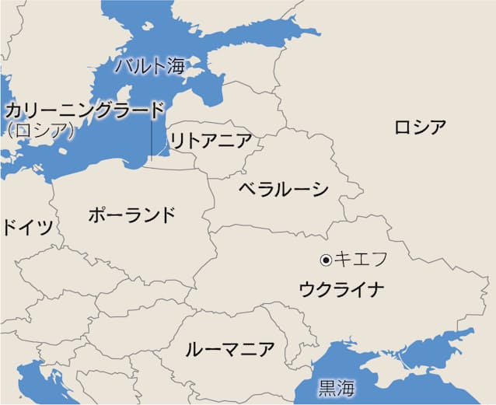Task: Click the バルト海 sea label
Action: point(150,65)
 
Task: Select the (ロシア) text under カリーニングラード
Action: point(39,131)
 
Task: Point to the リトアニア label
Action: point(210,141)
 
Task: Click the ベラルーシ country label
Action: point(283,188)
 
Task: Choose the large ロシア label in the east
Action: point(420,127)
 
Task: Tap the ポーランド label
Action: point(131,215)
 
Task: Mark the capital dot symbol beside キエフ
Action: point(327,259)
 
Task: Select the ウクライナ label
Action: point(341,290)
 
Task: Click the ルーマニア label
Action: point(229,349)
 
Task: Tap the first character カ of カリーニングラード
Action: point(14,110)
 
